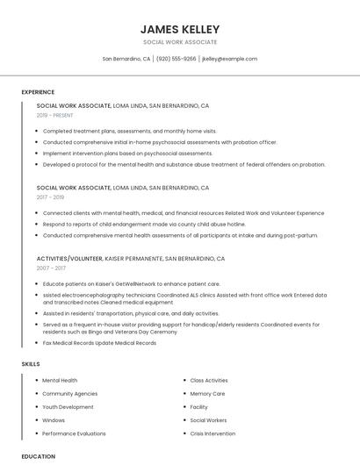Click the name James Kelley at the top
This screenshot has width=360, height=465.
pyautogui.click(x=179, y=29)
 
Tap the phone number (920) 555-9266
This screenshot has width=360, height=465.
pyautogui.click(x=176, y=59)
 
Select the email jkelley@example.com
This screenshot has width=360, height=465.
pyautogui.click(x=229, y=59)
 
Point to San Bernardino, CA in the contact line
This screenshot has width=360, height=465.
pyautogui.click(x=126, y=59)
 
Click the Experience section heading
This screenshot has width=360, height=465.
pyautogui.click(x=38, y=92)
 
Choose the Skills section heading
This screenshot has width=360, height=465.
pyautogui.click(x=31, y=363)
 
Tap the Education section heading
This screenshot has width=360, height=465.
pyautogui.click(x=38, y=456)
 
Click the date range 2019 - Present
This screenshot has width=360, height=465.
pyautogui.click(x=54, y=115)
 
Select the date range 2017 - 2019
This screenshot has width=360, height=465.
pyautogui.click(x=50, y=197)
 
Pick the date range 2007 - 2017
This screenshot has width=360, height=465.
pyautogui.click(x=50, y=268)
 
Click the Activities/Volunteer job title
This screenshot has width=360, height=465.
pyautogui.click(x=69, y=259)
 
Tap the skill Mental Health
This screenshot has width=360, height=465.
pyautogui.click(x=60, y=381)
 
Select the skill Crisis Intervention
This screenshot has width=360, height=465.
pyautogui.click(x=212, y=433)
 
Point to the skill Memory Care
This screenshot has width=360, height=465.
pyautogui.click(x=207, y=394)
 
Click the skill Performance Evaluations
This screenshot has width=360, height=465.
pyautogui.click(x=74, y=433)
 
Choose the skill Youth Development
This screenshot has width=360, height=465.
pyautogui.click(x=68, y=407)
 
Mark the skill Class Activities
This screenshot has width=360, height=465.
pyautogui.click(x=209, y=381)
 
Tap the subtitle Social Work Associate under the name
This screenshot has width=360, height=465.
pyautogui.click(x=179, y=42)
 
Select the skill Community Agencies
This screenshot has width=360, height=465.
pyautogui.click(x=69, y=394)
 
